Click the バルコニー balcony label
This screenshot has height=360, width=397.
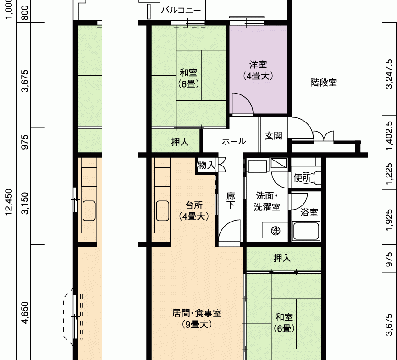tap(181, 10)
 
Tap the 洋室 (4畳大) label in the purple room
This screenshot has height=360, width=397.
tap(258, 70)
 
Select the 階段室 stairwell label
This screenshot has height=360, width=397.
tap(324, 83)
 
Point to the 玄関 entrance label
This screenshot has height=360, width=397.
tap(273, 136)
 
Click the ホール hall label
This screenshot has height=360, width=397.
tap(234, 141)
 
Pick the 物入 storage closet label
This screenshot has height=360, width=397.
tap(206, 165)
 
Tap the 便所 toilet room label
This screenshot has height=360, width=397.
tap(302, 178)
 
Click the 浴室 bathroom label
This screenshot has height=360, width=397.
tap(309, 212)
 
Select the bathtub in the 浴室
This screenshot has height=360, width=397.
tap(306, 231)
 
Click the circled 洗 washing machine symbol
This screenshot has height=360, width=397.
tap(276, 231)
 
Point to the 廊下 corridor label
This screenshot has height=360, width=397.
tap(231, 201)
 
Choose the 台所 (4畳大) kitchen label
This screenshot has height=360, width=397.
tap(194, 210)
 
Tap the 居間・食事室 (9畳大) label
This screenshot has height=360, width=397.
tap(197, 319)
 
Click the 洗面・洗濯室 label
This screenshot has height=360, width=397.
tap(267, 201)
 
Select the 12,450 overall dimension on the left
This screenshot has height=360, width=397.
tap(9, 202)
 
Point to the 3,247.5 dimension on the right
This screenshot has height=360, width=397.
tap(389, 74)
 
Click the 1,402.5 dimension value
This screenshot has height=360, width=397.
tap(389, 136)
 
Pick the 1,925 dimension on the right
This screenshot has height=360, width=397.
tap(389, 220)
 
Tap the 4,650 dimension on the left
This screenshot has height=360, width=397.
tap(25, 312)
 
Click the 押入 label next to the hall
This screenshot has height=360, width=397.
tap(180, 142)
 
